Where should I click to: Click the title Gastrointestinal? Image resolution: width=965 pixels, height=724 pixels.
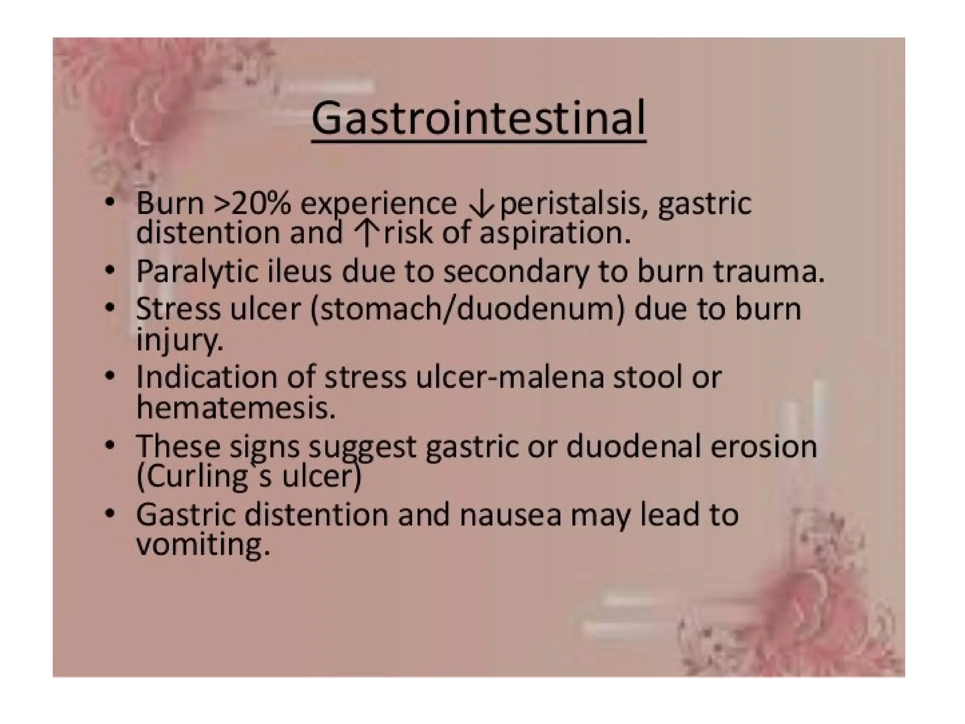[x=478, y=118]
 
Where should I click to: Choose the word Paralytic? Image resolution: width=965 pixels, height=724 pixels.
[x=197, y=272]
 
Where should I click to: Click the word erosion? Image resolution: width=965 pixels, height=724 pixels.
[x=763, y=446]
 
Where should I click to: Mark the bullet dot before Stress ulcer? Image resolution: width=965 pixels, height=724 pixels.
[x=110, y=308]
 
